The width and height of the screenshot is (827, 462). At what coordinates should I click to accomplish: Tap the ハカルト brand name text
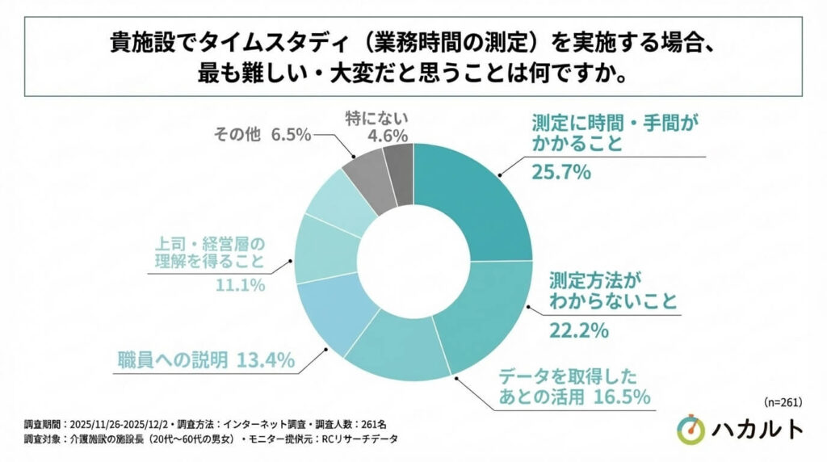pos(757,430)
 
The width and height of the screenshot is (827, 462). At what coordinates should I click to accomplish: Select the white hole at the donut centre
pos(413,260)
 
